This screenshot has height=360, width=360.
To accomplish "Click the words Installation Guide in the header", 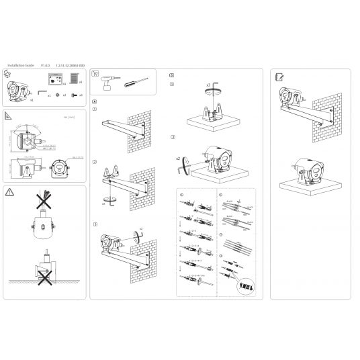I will point(21,65).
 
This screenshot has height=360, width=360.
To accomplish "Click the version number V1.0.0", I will point(45,65).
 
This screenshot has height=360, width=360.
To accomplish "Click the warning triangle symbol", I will point(9,192).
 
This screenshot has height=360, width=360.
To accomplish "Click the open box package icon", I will point(9,76).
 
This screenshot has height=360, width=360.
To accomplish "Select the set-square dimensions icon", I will point(9,117).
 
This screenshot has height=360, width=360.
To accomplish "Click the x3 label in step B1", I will point(209,86).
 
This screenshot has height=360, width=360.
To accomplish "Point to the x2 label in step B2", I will point(178,159).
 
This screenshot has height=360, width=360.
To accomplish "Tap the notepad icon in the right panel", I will point(279,77).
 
